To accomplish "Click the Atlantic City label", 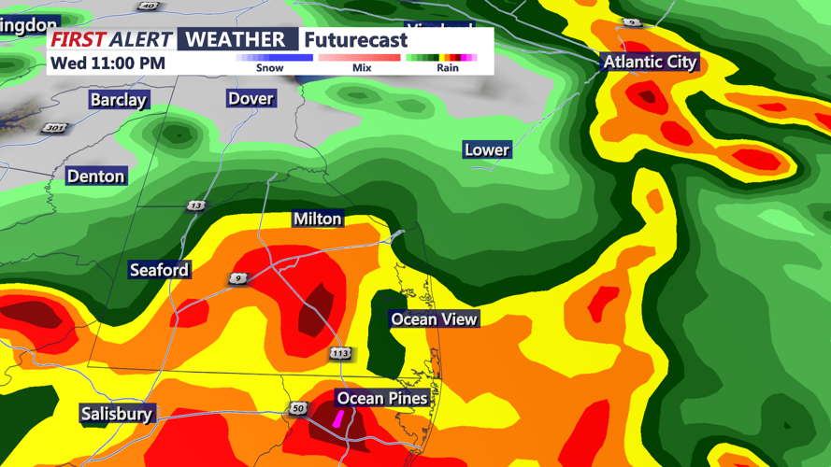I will pos(650,63).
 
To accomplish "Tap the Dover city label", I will pos(251,98).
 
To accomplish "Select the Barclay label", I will pos(119,100).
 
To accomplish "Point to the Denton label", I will pos(95,176).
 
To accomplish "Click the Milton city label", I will pos(318,219).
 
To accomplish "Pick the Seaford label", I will pos(159,270).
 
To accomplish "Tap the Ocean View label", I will pos(434,319).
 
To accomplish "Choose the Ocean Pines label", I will pos(382,399).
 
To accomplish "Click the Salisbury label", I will pos(117,414).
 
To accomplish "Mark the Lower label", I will pos(486,149).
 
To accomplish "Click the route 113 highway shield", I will pos(340,353).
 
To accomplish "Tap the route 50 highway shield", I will pos(298,409).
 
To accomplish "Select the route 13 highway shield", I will pos(195,205).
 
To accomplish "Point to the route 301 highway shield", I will pos(55,127).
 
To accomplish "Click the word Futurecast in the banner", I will pos(356,40).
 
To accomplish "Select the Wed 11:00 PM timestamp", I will pos(107,64).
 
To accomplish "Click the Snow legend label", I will pos(269,68).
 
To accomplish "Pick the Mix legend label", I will pos(362,68).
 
